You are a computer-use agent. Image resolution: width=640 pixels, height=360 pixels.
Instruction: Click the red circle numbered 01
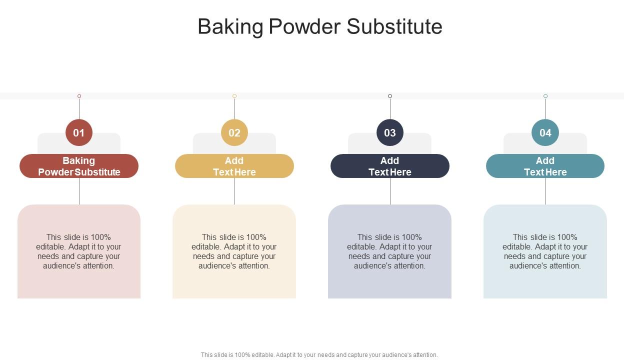pos(79,132)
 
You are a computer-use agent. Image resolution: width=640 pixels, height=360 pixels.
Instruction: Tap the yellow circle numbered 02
pos(234,132)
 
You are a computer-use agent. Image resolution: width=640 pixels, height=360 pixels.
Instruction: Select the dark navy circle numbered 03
pos(390,132)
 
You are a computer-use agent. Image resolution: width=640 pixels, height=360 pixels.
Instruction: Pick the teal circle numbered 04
pos(545,132)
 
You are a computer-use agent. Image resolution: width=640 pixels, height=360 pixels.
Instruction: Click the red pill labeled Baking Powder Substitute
pos(79,166)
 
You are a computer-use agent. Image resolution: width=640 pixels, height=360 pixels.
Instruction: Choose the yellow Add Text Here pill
pos(234,166)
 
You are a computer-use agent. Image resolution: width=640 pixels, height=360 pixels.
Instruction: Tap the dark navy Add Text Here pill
pos(390,166)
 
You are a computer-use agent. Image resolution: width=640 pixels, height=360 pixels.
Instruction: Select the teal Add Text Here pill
pos(545,166)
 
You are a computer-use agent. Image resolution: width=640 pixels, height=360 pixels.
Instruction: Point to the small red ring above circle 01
pos(79,96)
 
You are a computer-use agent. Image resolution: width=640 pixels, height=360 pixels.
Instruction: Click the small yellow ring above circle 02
pos(234,96)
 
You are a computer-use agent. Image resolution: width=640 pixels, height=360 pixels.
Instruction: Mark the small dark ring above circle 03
pos(390,96)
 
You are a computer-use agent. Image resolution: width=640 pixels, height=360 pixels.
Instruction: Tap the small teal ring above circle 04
pos(545,96)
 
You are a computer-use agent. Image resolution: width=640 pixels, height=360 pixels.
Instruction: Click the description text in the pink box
pos(79,251)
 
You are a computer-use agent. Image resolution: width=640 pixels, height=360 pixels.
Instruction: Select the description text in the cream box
pos(234,251)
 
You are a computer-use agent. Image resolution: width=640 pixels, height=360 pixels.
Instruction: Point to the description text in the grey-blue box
pos(390,251)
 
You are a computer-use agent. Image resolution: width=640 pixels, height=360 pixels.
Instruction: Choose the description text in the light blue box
pos(545,251)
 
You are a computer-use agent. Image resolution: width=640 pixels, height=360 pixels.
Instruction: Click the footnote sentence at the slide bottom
pos(319,355)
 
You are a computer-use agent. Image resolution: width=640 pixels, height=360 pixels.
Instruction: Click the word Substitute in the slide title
pos(394,26)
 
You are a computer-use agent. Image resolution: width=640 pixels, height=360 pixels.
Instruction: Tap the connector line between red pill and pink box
pos(79,191)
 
